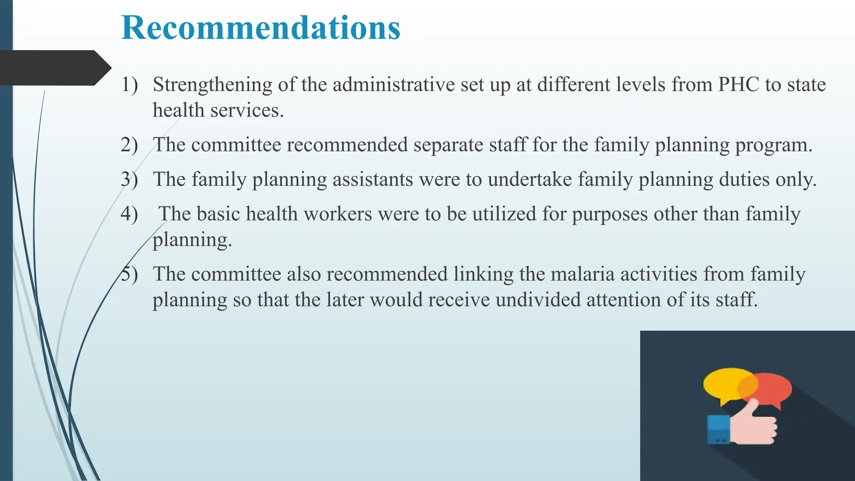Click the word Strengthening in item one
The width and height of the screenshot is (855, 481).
coord(212,85)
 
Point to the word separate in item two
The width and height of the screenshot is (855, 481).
coord(448,145)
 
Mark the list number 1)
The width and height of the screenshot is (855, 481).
coord(129,85)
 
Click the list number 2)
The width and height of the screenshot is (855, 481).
coord(129,145)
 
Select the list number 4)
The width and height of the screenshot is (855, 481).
coord(129,214)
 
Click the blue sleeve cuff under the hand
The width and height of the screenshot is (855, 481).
coord(718,429)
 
